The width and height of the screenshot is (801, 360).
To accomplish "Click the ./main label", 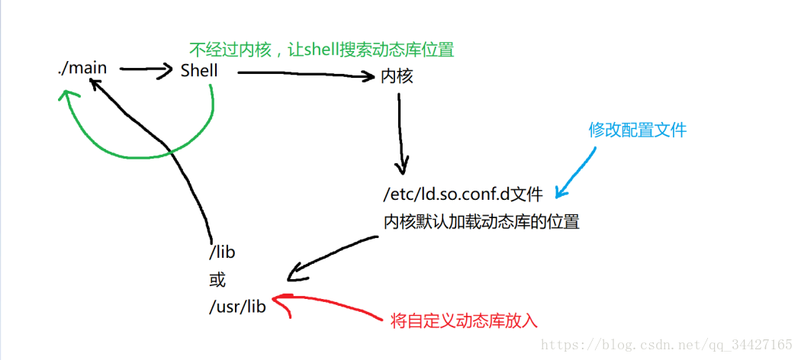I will (82, 69).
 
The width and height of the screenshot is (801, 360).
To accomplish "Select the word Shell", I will (199, 71).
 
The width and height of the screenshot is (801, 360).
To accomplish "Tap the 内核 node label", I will (397, 76).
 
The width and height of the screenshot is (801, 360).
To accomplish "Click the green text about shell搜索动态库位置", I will (321, 50).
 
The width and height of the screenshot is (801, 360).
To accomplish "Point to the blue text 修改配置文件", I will (637, 130).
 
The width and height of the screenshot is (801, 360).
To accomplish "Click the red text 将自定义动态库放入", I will (464, 321).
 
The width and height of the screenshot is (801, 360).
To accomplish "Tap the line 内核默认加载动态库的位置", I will (481, 222).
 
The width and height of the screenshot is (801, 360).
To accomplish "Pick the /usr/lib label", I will (237, 309).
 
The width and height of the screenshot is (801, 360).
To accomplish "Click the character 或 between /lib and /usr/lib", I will (217, 280).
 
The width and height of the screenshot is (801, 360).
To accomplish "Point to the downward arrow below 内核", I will (400, 133).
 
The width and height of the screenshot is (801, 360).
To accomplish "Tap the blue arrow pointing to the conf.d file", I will (577, 169).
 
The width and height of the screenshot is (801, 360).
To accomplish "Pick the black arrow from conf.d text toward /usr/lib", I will (336, 252).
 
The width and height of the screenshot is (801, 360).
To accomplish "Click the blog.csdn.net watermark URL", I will (666, 345).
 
